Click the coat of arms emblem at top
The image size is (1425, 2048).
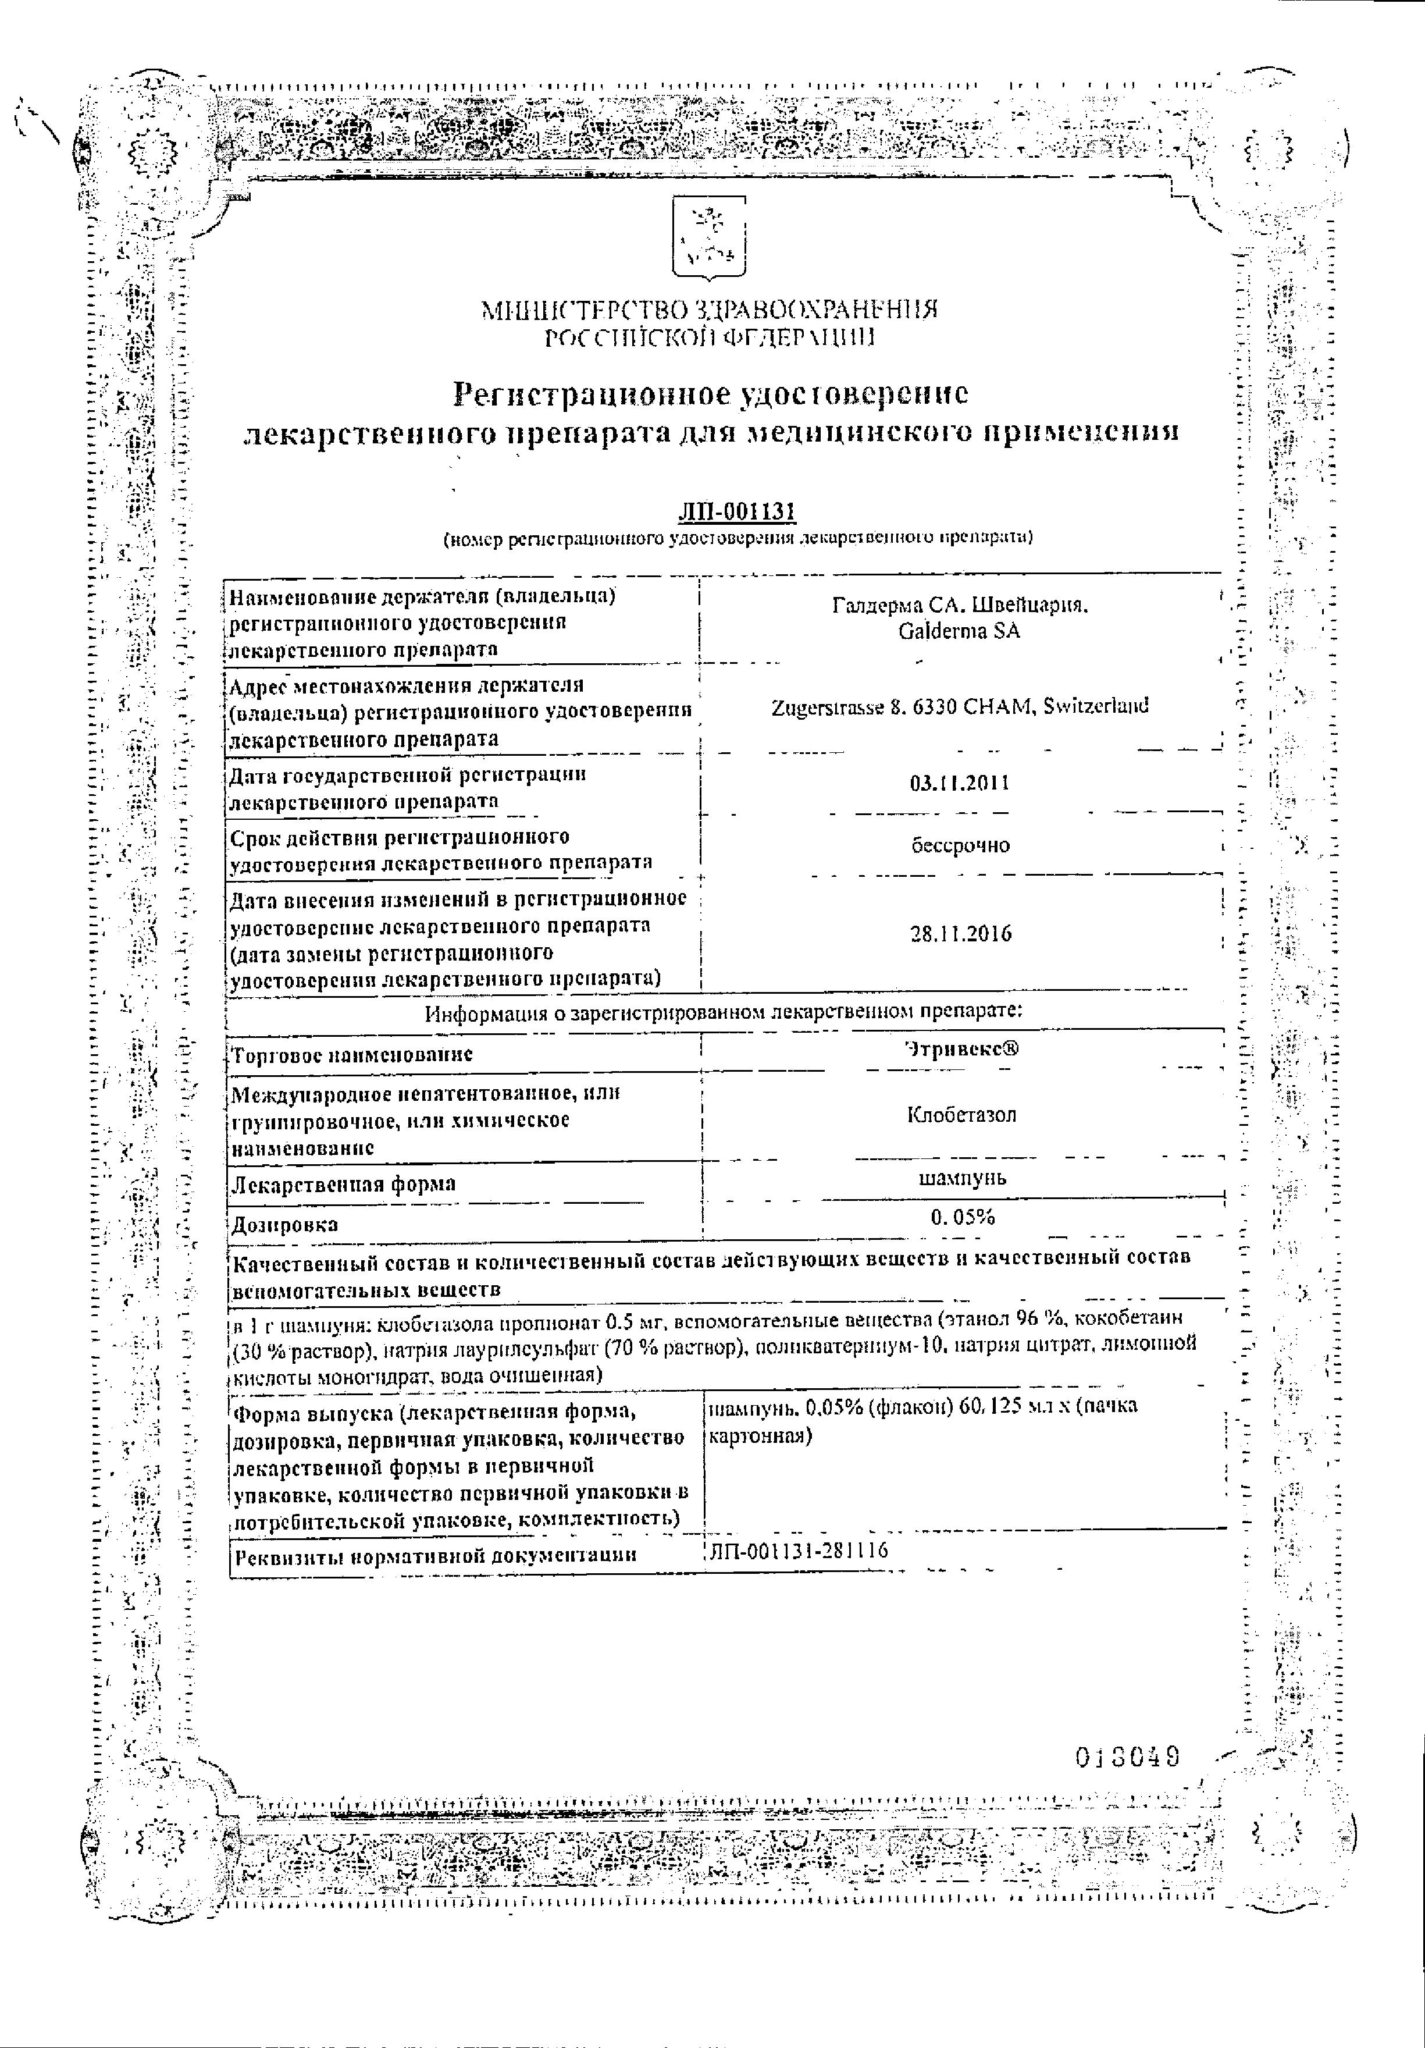(x=710, y=240)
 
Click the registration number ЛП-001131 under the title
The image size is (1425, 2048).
(x=736, y=511)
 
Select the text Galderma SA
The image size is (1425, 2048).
(x=960, y=631)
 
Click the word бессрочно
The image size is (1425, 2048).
(x=960, y=845)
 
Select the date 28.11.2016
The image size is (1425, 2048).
(x=960, y=934)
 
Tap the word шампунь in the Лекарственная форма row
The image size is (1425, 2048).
(x=961, y=1178)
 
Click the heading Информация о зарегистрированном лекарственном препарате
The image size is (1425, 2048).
(x=723, y=1012)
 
